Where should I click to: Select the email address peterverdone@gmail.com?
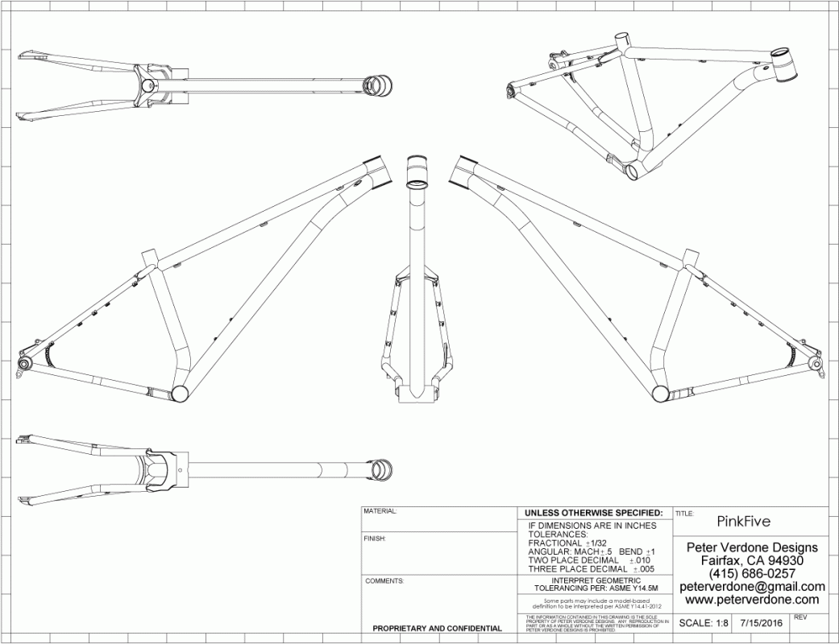(x=752, y=587)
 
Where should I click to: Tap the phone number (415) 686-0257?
(x=752, y=573)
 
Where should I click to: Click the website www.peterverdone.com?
(x=752, y=600)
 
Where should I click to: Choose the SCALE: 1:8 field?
(x=704, y=623)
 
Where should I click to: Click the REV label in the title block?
(x=800, y=617)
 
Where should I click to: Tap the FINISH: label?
(x=376, y=538)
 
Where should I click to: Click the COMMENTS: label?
(x=385, y=580)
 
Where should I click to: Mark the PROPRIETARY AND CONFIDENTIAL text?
(x=432, y=628)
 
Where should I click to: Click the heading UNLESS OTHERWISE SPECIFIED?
(x=593, y=513)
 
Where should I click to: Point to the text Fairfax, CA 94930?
(x=752, y=560)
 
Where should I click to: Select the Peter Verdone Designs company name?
(x=752, y=547)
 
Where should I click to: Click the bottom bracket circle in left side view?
(x=181, y=393)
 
